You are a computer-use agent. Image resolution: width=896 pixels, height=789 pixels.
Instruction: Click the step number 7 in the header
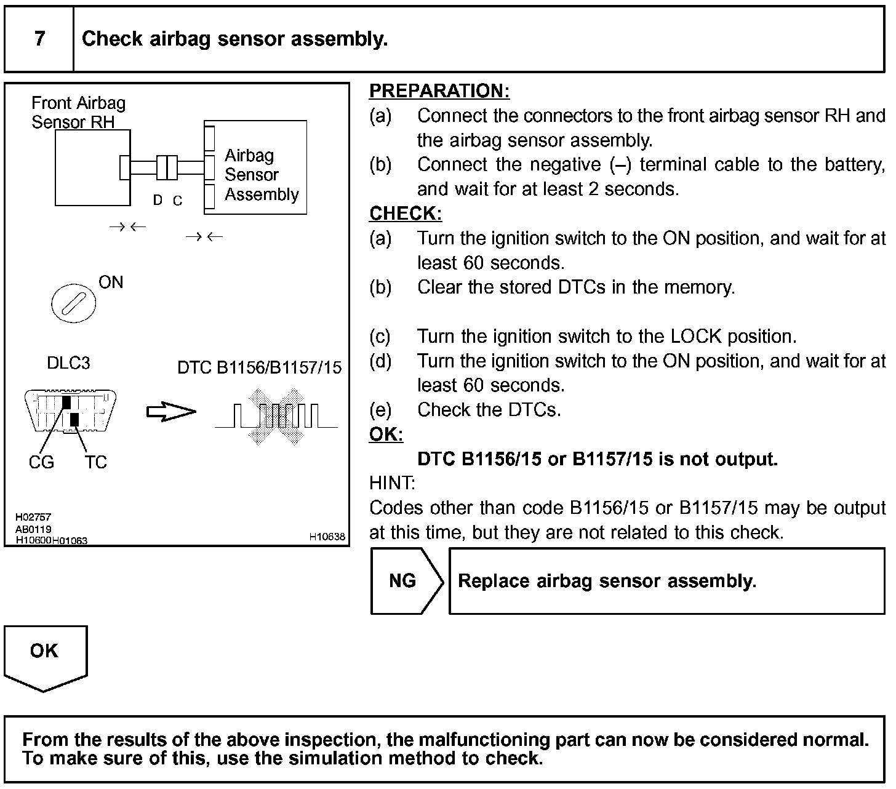(39, 39)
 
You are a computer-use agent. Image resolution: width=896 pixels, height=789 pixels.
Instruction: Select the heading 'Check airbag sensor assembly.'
(234, 39)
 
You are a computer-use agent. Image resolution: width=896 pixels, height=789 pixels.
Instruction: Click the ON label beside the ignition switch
(111, 282)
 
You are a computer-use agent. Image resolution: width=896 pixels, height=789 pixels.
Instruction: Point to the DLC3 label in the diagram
(68, 363)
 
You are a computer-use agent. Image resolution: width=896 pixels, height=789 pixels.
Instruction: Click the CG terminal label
(41, 462)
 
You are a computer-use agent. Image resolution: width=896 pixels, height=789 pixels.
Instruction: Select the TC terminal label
(95, 462)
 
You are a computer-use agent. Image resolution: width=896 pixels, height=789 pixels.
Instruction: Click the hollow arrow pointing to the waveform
(170, 412)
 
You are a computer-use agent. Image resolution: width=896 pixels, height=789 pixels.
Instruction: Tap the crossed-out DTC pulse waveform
(276, 416)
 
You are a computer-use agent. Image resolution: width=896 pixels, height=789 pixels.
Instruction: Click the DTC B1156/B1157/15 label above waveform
(259, 368)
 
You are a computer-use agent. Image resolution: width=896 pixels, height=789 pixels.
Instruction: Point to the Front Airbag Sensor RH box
(92, 167)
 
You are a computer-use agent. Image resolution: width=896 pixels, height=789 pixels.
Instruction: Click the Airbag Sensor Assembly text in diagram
(261, 175)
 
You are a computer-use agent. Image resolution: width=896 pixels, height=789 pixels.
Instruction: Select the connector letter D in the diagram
(158, 200)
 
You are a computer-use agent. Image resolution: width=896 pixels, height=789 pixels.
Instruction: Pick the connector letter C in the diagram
(177, 201)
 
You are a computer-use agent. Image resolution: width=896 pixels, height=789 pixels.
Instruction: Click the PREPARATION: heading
(439, 91)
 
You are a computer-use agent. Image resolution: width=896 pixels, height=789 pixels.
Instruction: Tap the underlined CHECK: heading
(406, 214)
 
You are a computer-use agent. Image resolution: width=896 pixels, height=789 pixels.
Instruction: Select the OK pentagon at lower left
(45, 654)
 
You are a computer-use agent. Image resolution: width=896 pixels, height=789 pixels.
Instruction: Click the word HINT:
(392, 483)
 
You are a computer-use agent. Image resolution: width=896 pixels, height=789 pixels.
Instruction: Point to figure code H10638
(327, 537)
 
